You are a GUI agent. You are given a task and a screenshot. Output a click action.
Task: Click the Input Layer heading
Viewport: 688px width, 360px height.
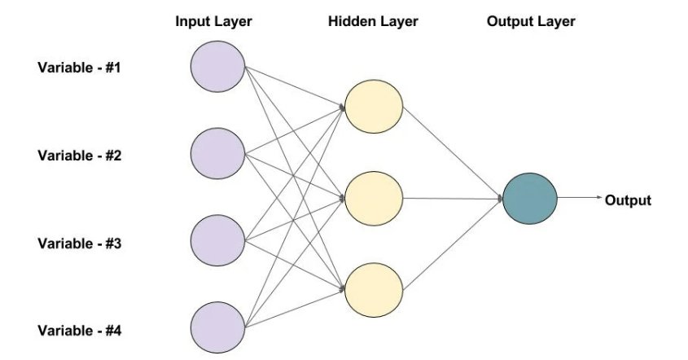pyautogui.click(x=214, y=22)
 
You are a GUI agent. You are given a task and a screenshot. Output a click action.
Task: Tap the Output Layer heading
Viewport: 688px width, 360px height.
pyautogui.click(x=530, y=22)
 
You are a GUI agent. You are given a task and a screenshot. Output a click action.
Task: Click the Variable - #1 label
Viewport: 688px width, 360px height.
pyautogui.click(x=79, y=66)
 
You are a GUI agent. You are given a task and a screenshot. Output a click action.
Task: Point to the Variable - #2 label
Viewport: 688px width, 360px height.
pyautogui.click(x=79, y=155)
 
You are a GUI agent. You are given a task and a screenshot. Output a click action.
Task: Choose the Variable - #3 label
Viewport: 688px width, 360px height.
pyautogui.click(x=79, y=243)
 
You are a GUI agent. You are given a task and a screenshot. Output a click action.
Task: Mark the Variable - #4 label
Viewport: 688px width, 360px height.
pyautogui.click(x=79, y=331)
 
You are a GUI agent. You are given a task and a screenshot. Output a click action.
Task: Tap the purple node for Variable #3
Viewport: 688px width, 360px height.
pyautogui.click(x=217, y=241)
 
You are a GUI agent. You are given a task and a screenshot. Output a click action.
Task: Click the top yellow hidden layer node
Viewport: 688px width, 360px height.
pyautogui.click(x=374, y=107)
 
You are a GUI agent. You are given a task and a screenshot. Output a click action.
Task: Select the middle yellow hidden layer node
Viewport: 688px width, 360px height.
pyautogui.click(x=374, y=197)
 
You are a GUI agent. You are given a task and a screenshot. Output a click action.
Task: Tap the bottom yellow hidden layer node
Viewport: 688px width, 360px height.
pyautogui.click(x=374, y=288)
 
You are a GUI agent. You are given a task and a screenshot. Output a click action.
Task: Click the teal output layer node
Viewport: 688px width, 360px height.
pyautogui.click(x=530, y=198)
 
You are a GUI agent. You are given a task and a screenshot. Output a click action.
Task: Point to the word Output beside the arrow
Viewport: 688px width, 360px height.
pyautogui.click(x=628, y=200)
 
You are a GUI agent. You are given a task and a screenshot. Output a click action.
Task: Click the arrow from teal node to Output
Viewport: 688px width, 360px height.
pyautogui.click(x=579, y=198)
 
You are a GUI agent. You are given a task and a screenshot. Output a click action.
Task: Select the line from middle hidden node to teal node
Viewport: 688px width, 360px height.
pyautogui.click(x=452, y=198)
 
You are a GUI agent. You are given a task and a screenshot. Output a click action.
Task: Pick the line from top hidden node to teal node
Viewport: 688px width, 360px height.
pyautogui.click(x=452, y=152)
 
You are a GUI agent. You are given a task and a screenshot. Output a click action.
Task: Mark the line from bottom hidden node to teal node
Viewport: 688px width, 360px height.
pyautogui.click(x=452, y=244)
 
